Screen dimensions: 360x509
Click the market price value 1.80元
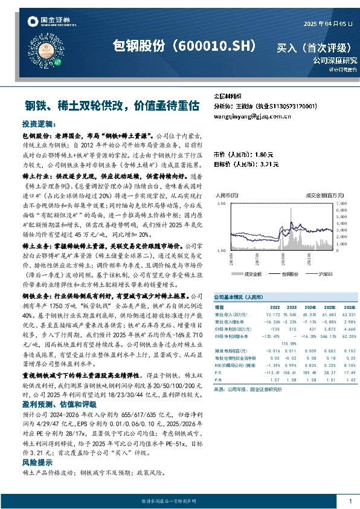coord(268,155)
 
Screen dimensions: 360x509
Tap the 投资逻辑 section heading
coord(39,123)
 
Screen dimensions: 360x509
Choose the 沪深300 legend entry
coord(327,274)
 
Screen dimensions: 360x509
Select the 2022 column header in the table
coord(274,308)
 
